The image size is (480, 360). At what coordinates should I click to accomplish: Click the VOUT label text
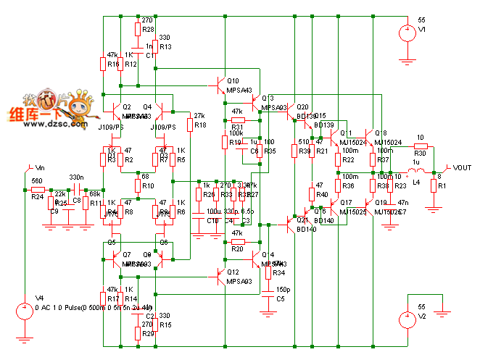point(462,168)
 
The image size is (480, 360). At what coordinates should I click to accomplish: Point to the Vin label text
point(41,167)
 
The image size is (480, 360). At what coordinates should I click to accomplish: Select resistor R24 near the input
point(38,189)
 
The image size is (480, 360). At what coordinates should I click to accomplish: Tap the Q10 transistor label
point(233,81)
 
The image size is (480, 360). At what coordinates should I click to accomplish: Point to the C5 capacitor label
point(281,298)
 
